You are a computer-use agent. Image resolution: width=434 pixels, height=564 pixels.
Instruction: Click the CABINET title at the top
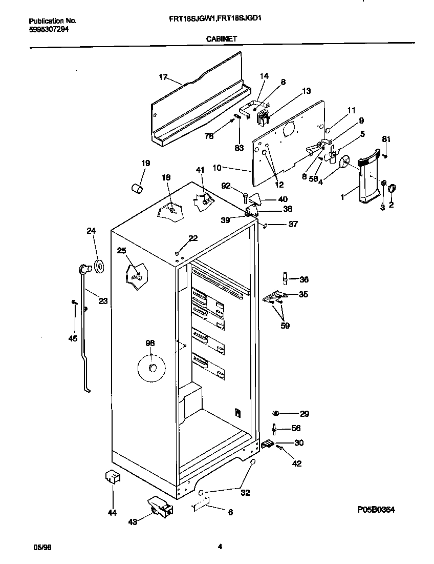click(221, 38)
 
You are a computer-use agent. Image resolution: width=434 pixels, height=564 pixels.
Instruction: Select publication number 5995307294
click(49, 29)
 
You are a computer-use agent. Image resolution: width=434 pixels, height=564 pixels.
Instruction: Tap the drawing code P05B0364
click(376, 510)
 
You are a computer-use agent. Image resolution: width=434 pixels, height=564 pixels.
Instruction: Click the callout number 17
click(163, 77)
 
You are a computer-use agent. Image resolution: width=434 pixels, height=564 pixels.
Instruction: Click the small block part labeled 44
click(113, 477)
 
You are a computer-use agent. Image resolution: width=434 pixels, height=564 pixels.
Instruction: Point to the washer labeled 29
click(275, 413)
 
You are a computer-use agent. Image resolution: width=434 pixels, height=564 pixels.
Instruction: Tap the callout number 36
click(304, 279)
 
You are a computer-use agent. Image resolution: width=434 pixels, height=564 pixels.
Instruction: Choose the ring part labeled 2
click(392, 188)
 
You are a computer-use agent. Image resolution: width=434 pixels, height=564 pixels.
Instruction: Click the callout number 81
click(386, 139)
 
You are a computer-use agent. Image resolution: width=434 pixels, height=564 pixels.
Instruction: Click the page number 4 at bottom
click(220, 547)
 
